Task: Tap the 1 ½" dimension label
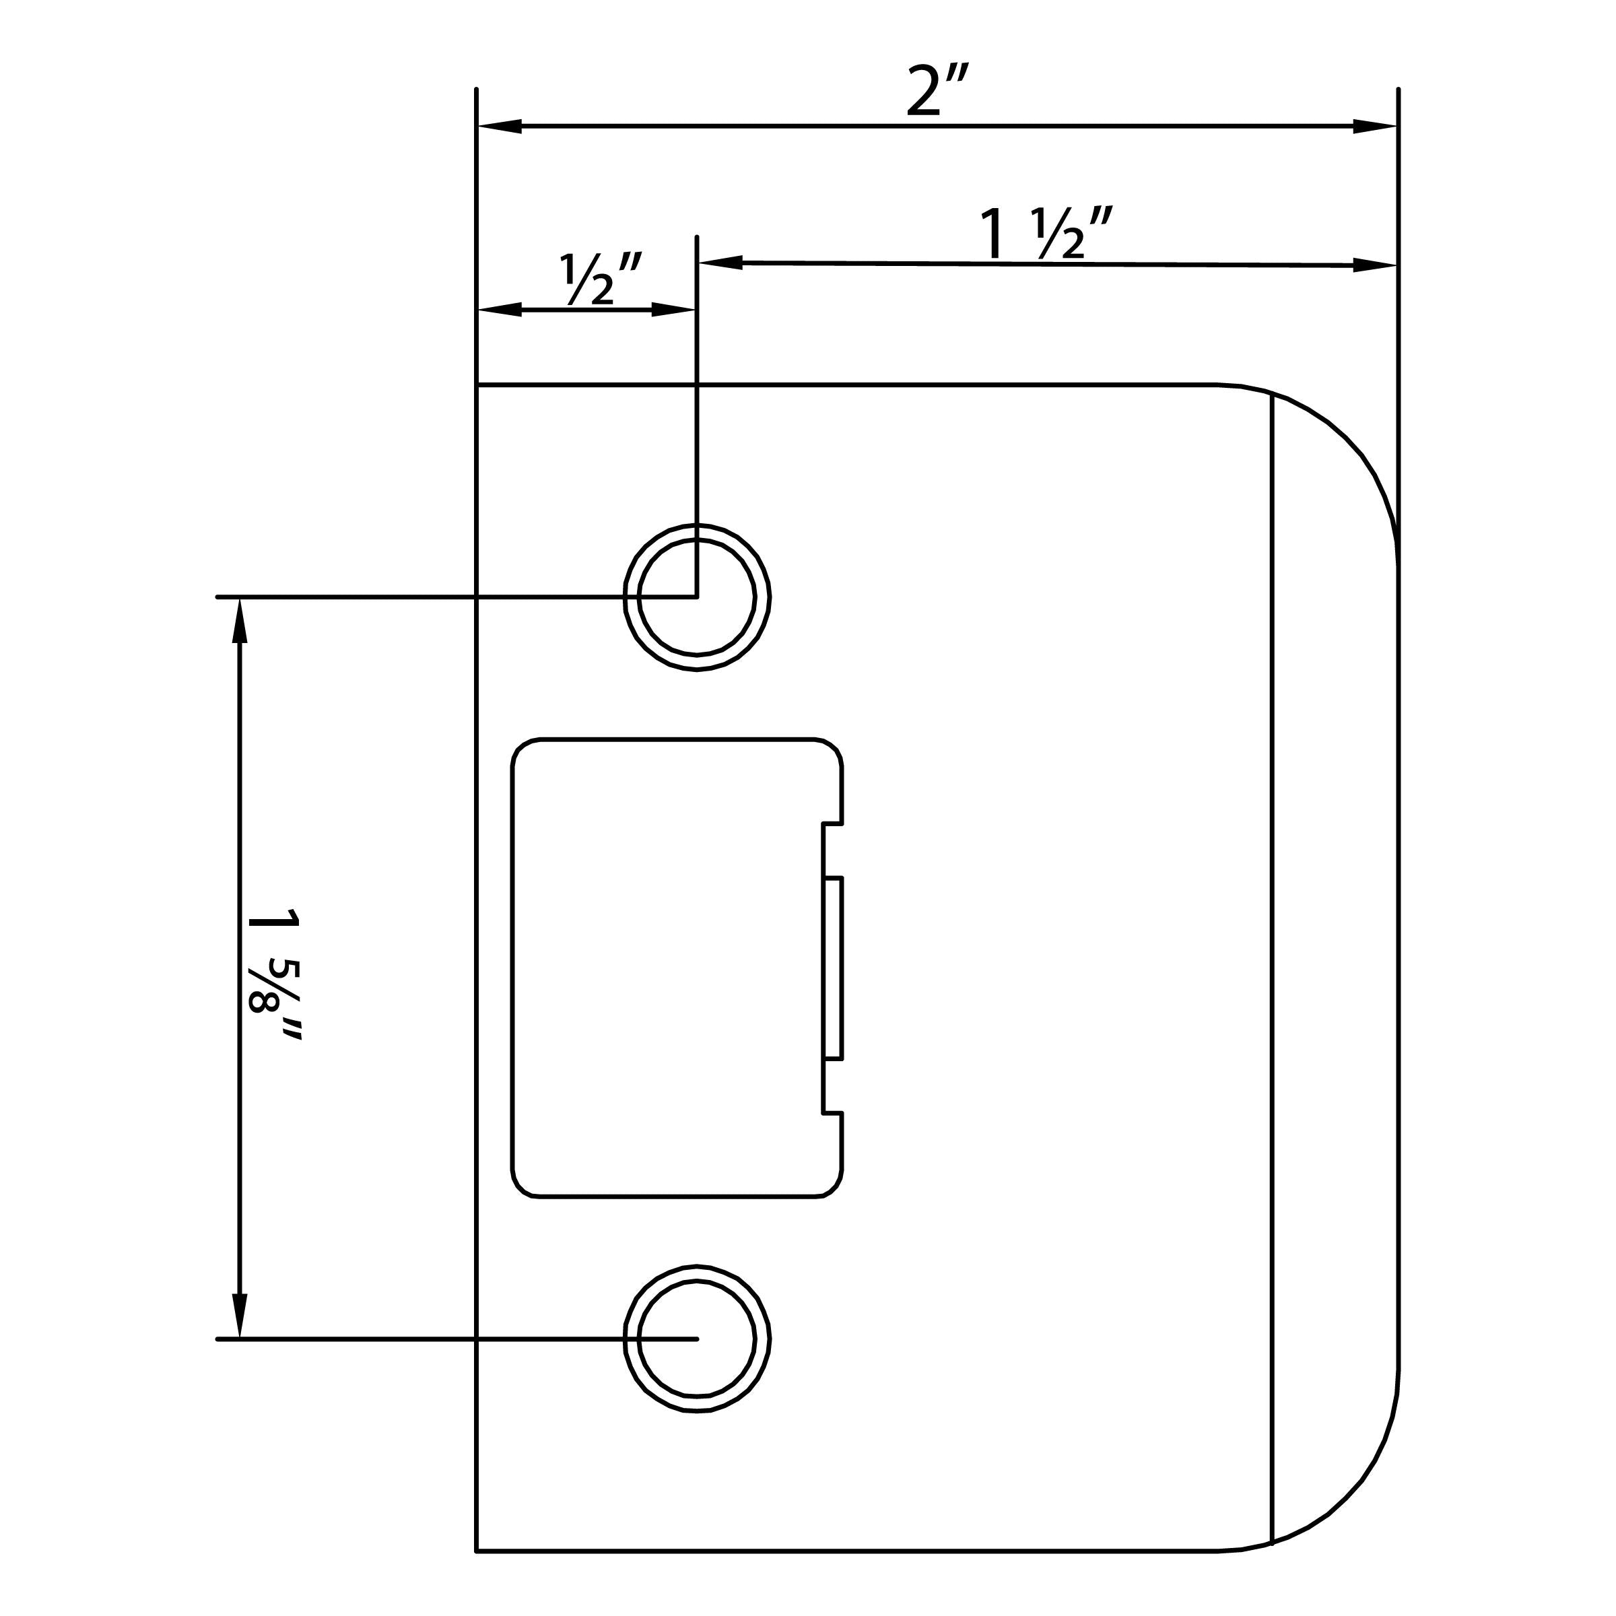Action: pyautogui.click(x=1046, y=235)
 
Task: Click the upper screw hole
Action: pyautogui.click(x=697, y=597)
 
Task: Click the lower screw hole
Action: pyautogui.click(x=697, y=1339)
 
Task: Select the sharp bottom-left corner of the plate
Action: pyautogui.click(x=477, y=1551)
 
